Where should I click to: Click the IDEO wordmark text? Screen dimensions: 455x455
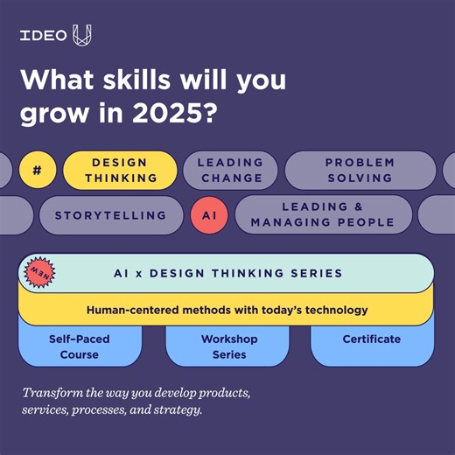(x=44, y=36)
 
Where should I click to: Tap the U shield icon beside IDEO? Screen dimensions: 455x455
(x=81, y=36)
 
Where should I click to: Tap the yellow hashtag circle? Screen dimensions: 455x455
(x=37, y=170)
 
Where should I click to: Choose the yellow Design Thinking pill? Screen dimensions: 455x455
(x=121, y=170)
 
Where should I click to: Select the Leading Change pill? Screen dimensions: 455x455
(x=230, y=170)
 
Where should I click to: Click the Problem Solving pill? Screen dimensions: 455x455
(x=360, y=170)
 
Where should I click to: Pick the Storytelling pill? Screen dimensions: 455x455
(x=110, y=214)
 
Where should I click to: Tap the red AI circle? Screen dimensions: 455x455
(x=208, y=214)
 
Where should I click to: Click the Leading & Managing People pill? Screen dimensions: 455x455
(x=323, y=214)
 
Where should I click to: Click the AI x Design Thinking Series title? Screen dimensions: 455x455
(x=227, y=273)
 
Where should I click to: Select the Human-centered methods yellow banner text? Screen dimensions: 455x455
(x=227, y=310)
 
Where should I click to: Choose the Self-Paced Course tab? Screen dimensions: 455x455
(x=80, y=346)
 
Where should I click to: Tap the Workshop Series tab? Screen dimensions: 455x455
(x=227, y=346)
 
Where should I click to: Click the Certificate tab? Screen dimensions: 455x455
(x=372, y=339)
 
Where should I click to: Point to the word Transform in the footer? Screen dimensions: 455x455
(x=53, y=392)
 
